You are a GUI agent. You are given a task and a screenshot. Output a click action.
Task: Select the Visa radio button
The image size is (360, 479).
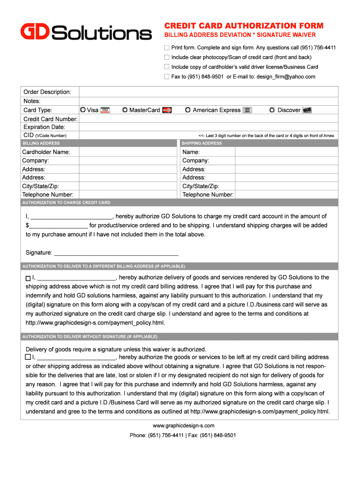[83, 110]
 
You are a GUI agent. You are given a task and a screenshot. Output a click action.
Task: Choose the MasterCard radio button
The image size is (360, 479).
[125, 110]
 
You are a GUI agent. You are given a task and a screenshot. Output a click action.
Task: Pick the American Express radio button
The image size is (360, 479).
[187, 110]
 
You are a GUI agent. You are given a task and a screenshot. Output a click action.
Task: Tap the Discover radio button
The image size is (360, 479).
[273, 110]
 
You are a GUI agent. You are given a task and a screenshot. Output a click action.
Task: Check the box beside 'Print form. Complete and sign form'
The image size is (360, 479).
[166, 48]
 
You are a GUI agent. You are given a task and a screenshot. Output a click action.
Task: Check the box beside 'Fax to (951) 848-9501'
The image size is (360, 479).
[166, 77]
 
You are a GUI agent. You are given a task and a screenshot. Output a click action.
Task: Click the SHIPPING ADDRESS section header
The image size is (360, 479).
[202, 143]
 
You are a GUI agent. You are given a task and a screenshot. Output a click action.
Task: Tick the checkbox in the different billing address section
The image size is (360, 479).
[29, 278]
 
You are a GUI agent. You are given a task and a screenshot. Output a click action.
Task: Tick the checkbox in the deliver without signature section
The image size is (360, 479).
[29, 357]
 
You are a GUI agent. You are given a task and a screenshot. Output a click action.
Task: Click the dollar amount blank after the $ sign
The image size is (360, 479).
[58, 225]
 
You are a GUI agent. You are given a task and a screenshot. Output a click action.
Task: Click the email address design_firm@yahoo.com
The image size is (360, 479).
[286, 77]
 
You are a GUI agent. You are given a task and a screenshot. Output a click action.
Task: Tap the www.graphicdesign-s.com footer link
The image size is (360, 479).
[183, 426]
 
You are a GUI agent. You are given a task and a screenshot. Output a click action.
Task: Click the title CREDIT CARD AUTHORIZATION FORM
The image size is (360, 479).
[243, 26]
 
